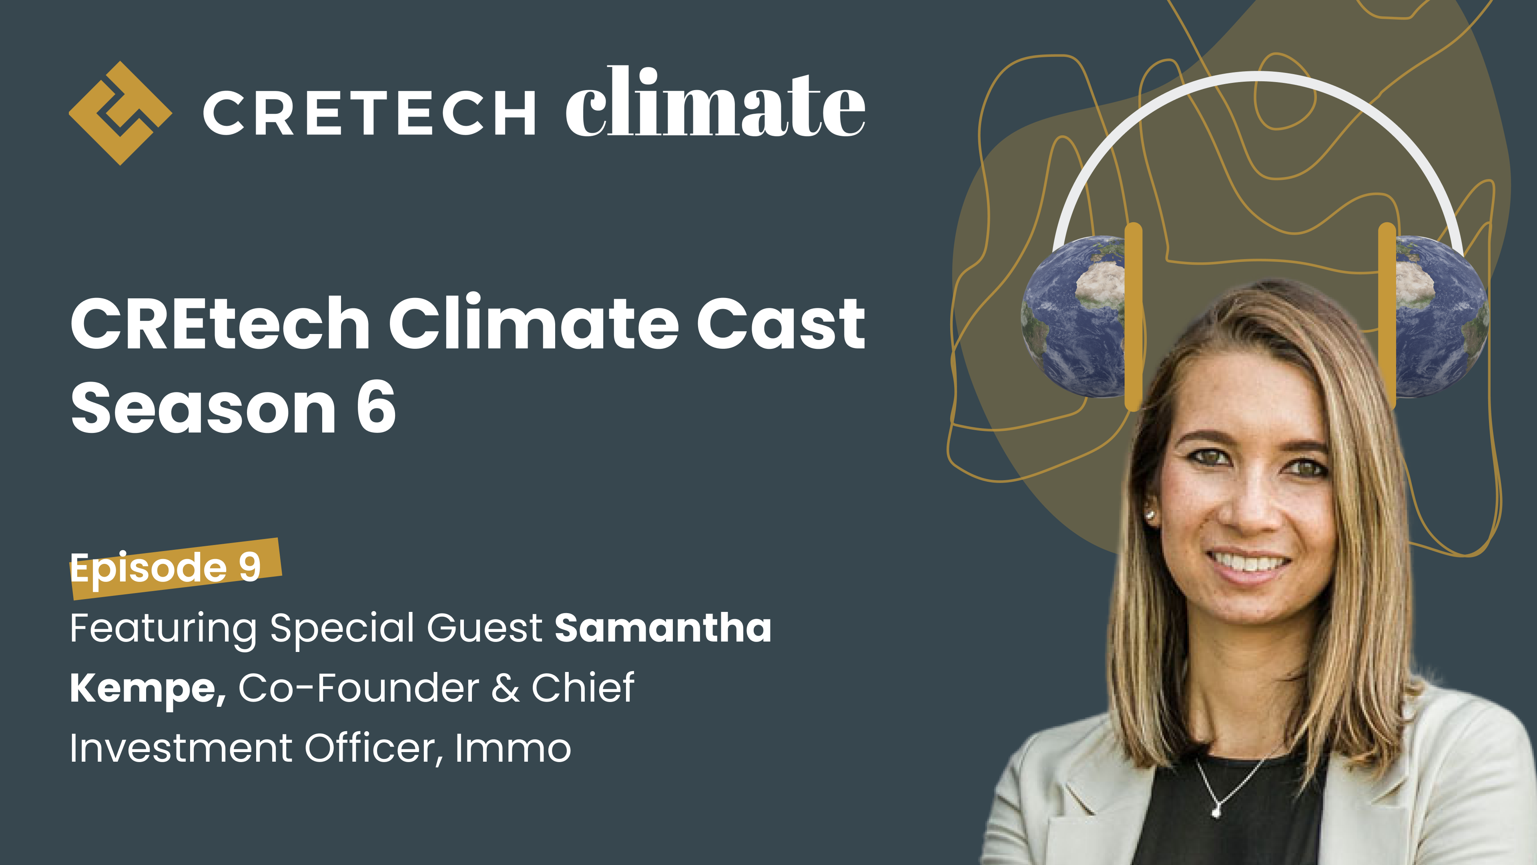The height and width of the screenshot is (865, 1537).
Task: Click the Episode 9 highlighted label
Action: (167, 567)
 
